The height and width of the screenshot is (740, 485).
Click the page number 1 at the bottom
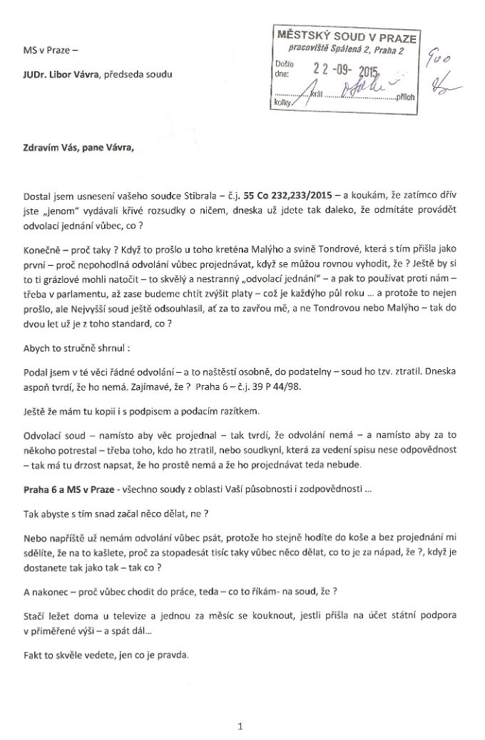pos(241,726)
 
